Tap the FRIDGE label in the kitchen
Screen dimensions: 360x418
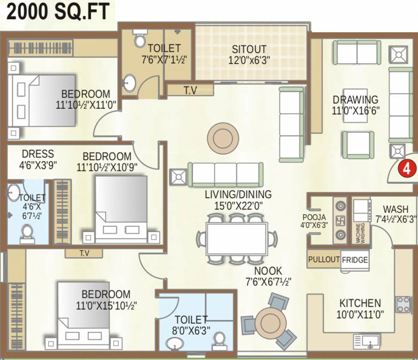[x=355, y=260]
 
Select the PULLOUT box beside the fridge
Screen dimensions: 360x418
[x=324, y=259]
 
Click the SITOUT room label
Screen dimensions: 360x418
[x=249, y=49]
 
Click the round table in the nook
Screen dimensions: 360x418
[x=270, y=322]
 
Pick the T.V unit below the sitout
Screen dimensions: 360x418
[x=190, y=90]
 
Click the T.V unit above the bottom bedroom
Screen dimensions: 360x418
[x=84, y=253]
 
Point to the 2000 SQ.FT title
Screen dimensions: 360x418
[x=58, y=12]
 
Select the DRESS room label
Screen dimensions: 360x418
[x=37, y=154]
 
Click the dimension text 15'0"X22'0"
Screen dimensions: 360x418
[x=238, y=205]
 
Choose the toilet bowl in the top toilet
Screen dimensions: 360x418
[x=140, y=39]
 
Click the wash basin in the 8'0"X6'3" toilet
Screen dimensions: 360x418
[x=174, y=343]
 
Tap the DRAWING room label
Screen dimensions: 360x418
[x=355, y=99]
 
